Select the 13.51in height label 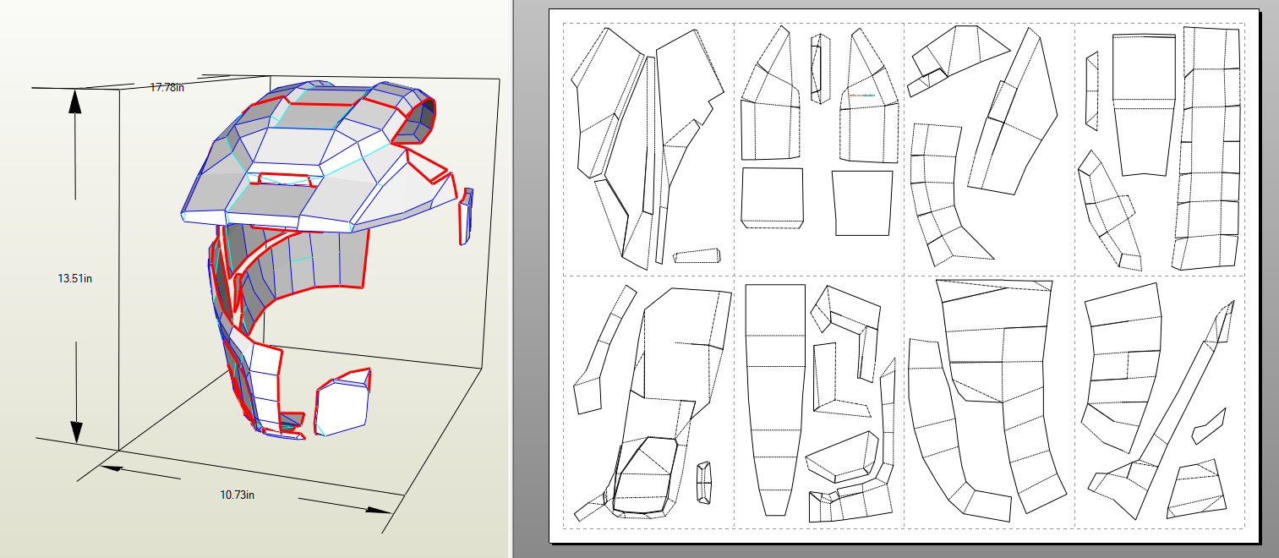pos(74,278)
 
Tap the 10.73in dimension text pos(237,495)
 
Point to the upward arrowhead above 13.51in pos(75,101)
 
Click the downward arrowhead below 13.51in pos(75,429)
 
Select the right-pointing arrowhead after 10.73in pos(380,510)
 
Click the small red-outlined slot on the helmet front pos(288,179)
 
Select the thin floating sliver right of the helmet pos(465,216)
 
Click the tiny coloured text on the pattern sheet pos(865,96)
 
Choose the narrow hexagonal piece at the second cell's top pos(816,68)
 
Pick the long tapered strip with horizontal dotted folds pos(775,397)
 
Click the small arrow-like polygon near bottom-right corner pos(1209,427)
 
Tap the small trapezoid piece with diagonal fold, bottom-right pos(1195,490)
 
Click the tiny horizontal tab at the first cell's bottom pos(697,255)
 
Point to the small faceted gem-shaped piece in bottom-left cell pos(703,484)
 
